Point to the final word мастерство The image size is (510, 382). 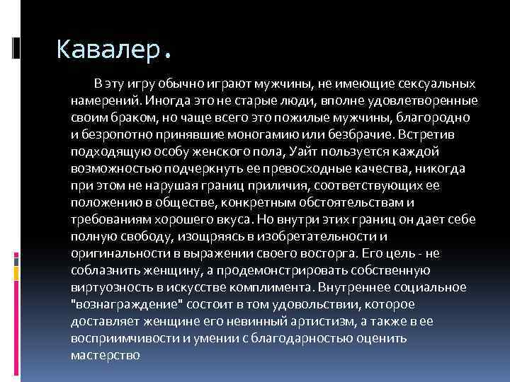pos(106,355)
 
